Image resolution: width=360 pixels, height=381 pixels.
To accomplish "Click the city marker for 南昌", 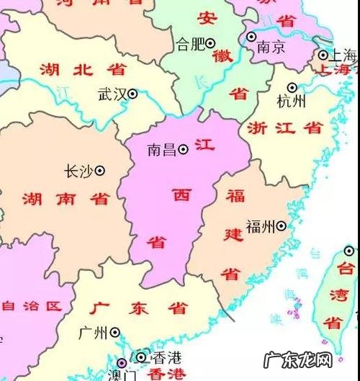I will tap(184, 149).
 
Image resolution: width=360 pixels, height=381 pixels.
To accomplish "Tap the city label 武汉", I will tap(112, 94).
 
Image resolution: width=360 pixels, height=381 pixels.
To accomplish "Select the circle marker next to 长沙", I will tap(100, 171).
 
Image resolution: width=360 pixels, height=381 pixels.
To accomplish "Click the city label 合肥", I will tap(190, 44).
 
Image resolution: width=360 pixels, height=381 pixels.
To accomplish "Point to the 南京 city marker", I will tap(251, 36).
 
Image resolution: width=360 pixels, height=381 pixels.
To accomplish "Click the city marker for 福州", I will tap(281, 226).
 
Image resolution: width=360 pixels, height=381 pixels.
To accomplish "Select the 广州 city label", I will tap(94, 333).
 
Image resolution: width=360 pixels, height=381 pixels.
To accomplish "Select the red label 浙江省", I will tap(284, 128).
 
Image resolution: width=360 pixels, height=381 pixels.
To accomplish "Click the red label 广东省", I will tap(140, 308).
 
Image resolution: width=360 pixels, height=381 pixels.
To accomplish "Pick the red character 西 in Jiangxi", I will tap(179, 193).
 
